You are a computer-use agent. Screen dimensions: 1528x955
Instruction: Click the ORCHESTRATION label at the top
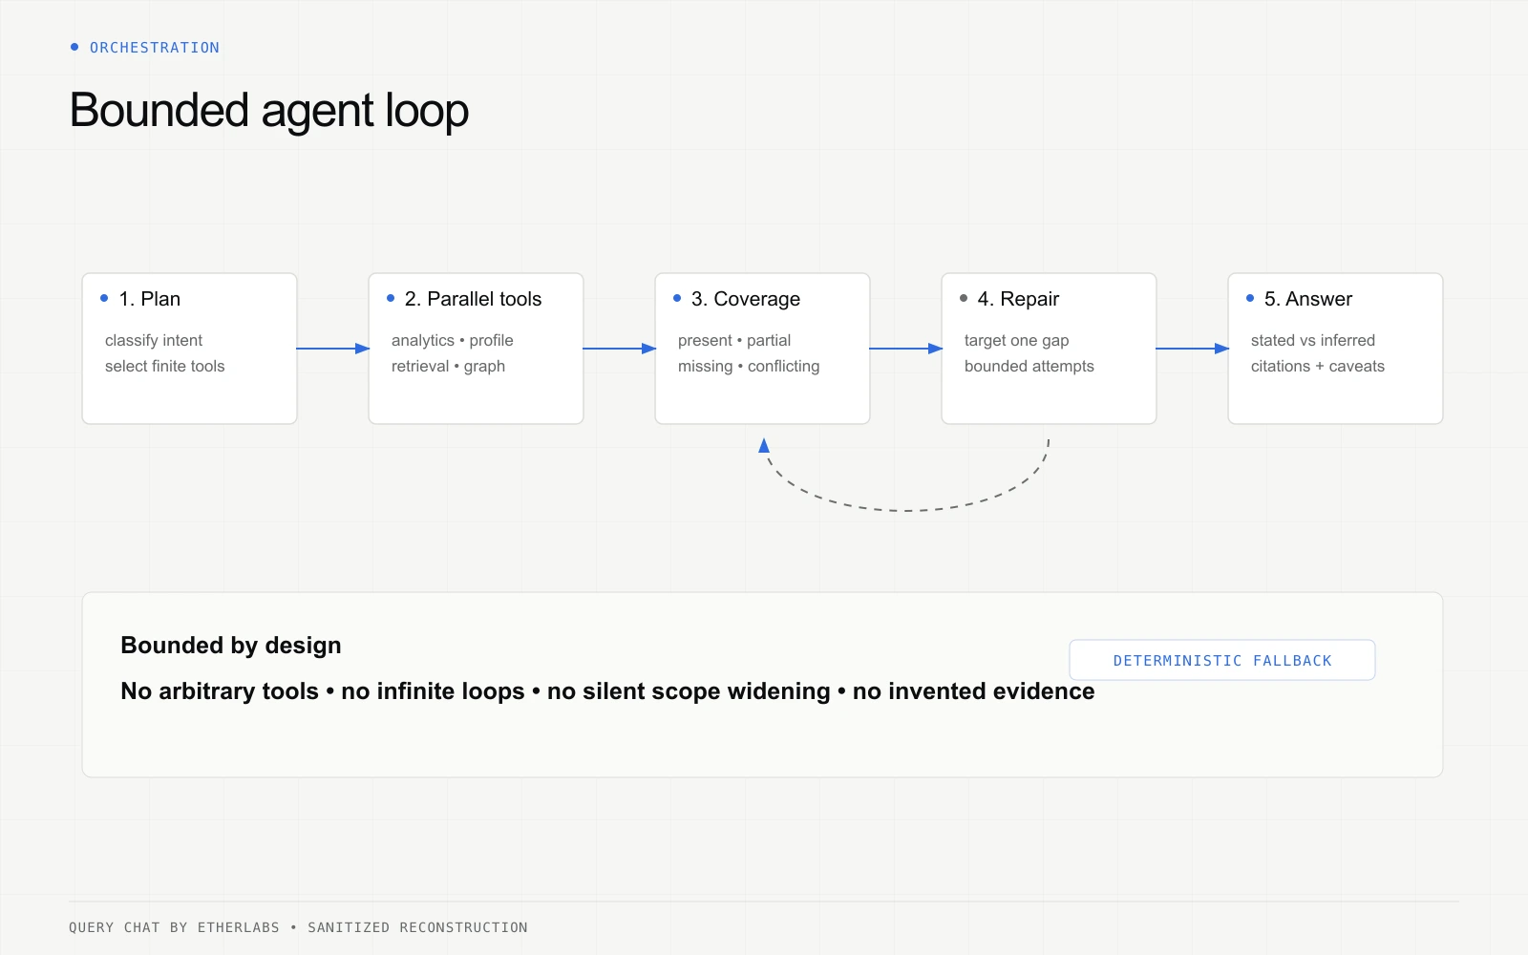coord(155,48)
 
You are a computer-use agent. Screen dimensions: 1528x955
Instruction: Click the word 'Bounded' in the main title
coord(159,111)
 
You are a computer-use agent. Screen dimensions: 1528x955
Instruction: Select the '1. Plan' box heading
coord(149,299)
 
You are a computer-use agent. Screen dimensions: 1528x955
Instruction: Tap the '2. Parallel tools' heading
coord(473,299)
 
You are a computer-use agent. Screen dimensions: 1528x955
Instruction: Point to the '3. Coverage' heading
coord(746,299)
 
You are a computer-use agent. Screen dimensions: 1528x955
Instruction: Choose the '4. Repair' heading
coord(1018,299)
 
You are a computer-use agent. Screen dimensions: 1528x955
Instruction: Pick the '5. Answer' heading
coord(1307,299)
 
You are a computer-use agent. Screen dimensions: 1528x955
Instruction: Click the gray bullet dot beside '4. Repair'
coord(964,298)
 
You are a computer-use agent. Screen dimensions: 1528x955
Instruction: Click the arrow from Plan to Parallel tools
coord(333,349)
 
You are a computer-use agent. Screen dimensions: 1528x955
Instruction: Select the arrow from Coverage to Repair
coord(906,349)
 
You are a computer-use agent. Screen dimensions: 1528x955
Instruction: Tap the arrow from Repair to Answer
coord(1193,349)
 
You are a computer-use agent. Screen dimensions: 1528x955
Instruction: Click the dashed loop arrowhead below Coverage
coord(764,445)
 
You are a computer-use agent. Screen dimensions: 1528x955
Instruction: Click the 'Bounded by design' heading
coord(230,646)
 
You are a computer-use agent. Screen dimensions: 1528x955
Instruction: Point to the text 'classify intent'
coord(154,340)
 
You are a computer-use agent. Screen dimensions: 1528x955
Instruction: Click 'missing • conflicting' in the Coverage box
coord(749,367)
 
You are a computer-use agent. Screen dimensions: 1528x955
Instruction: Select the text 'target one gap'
coord(1016,340)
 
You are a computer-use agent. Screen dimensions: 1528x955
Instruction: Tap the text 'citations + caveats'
coord(1317,367)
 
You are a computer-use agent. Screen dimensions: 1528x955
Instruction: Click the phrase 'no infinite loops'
coord(433,691)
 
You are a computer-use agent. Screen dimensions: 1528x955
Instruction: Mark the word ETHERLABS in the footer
coord(238,927)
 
